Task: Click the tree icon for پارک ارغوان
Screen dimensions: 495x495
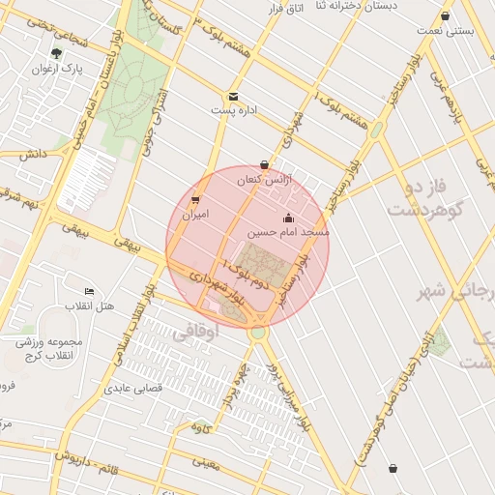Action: point(58,53)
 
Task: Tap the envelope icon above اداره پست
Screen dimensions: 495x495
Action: point(233,97)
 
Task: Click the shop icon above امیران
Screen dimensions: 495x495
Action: point(195,200)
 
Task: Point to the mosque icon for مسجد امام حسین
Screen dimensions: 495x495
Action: point(288,218)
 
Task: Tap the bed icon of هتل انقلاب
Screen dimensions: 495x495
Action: point(90,292)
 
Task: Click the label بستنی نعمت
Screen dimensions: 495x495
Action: point(444,31)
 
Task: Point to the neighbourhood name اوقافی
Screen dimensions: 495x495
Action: point(196,332)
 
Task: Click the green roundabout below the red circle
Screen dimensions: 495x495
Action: point(256,333)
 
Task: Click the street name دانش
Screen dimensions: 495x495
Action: point(32,154)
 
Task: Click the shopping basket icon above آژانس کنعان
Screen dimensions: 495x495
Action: point(265,164)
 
